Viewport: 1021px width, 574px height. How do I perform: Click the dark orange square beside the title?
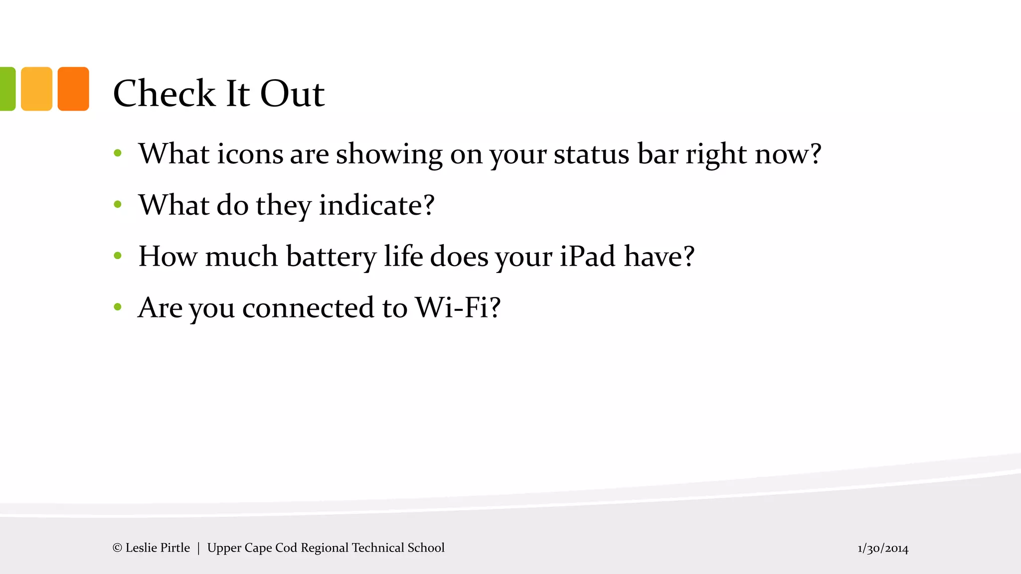coord(73,89)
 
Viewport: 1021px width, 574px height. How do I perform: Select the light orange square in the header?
coord(36,89)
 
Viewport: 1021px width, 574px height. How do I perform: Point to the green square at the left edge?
coord(7,89)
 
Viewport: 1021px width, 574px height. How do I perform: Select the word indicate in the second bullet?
coord(376,205)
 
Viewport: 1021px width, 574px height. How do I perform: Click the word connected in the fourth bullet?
coord(308,307)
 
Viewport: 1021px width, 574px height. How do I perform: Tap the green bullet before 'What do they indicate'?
coord(118,204)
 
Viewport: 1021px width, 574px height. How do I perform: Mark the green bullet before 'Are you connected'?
coord(118,307)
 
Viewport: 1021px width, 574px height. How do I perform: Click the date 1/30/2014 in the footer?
coord(883,549)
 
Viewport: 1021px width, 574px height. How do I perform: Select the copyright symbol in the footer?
coord(117,548)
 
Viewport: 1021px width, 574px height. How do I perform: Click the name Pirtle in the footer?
coord(175,548)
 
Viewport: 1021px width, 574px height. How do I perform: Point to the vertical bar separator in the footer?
coord(198,548)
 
